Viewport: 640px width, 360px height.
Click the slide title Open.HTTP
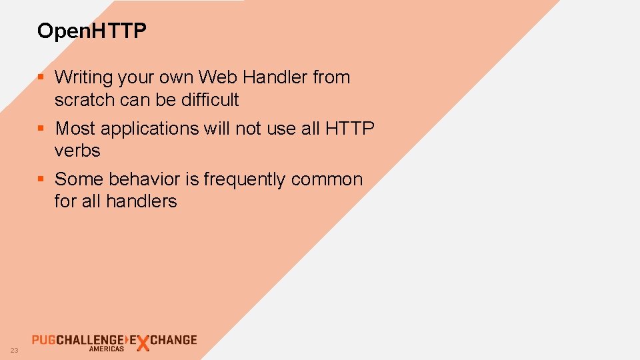(x=92, y=31)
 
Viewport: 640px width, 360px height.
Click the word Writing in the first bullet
(x=84, y=78)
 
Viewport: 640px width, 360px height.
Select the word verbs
(x=77, y=151)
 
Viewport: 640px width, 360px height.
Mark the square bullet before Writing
(x=41, y=77)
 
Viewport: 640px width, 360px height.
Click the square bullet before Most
(x=41, y=128)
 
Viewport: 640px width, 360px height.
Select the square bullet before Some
(x=41, y=179)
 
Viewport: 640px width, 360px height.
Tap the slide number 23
(x=14, y=351)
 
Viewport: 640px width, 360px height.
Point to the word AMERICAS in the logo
(x=106, y=349)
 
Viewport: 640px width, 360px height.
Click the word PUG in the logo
(x=43, y=340)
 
